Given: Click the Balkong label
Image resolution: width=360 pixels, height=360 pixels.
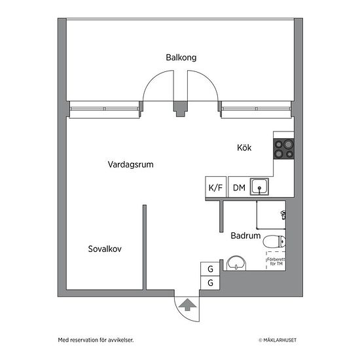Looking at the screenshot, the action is (x=181, y=58).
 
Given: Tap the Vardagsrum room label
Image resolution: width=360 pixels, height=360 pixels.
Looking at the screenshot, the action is (x=131, y=164).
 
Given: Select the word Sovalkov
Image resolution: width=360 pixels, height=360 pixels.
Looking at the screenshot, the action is (x=105, y=249).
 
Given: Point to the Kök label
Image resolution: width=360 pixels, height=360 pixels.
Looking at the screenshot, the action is (x=244, y=147).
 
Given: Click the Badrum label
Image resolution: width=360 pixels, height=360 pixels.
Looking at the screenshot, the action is (x=245, y=236).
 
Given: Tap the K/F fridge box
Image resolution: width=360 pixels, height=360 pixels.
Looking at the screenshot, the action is (x=216, y=187).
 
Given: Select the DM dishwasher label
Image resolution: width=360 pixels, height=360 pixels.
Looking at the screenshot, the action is (x=239, y=188).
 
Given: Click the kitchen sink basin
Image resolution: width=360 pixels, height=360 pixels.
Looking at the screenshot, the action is (x=259, y=187).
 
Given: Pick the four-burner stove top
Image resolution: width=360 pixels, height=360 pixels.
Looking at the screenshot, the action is (x=284, y=149).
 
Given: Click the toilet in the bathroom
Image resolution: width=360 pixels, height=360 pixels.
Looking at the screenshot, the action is (x=274, y=242).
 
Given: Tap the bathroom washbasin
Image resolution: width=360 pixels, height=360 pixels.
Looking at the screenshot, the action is (x=236, y=263).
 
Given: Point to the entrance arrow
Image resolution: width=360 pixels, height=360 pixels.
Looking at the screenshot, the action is (x=188, y=304).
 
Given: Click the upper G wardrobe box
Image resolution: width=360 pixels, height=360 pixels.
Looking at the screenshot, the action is (x=210, y=269).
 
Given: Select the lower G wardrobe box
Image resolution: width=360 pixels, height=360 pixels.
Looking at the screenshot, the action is (x=210, y=283).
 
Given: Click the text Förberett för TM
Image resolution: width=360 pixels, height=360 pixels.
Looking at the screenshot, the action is (x=276, y=262).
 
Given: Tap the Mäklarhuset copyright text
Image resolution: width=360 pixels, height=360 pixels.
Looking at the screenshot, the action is (x=278, y=340).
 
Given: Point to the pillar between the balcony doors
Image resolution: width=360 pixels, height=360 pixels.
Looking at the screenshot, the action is (x=181, y=109).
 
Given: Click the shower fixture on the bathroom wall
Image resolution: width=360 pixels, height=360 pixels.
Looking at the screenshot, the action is (x=283, y=215).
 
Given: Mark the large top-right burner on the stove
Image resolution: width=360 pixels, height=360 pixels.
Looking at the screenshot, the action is (x=289, y=145).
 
